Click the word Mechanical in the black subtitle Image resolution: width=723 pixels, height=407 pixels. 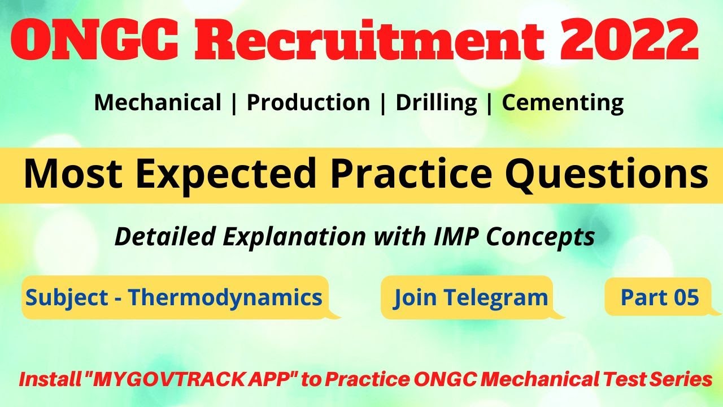[x=158, y=103]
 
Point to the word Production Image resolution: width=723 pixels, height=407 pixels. [x=308, y=103]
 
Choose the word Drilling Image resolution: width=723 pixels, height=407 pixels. [x=435, y=103]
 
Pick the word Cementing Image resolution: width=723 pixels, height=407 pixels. [x=563, y=103]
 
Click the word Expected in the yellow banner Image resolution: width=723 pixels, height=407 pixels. [x=225, y=174]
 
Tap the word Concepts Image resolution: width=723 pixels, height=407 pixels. [x=548, y=237]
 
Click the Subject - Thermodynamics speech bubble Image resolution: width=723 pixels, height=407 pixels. [x=175, y=297]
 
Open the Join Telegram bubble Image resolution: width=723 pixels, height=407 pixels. [x=471, y=297]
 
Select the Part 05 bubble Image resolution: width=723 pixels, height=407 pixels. [x=659, y=296]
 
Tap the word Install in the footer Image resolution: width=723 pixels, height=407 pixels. [x=47, y=380]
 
